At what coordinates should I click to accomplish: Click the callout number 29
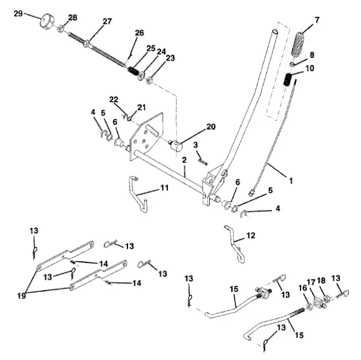click(18, 12)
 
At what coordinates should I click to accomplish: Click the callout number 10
click(309, 69)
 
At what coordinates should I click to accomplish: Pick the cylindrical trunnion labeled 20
click(177, 145)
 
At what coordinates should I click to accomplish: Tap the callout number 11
click(164, 188)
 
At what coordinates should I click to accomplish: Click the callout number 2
click(184, 160)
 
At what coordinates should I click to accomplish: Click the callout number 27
click(107, 22)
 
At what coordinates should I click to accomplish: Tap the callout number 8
click(311, 54)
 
